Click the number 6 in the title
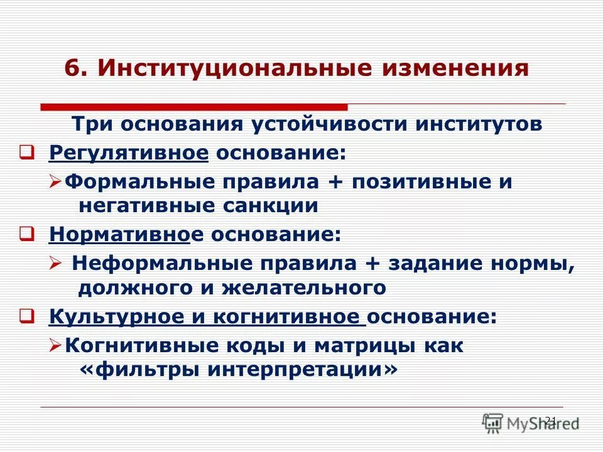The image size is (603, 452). point(71,68)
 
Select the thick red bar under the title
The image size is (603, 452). point(194,107)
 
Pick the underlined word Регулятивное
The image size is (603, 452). point(128,153)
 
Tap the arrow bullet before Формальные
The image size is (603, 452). point(55,183)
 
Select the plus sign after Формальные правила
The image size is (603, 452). point(329,182)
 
